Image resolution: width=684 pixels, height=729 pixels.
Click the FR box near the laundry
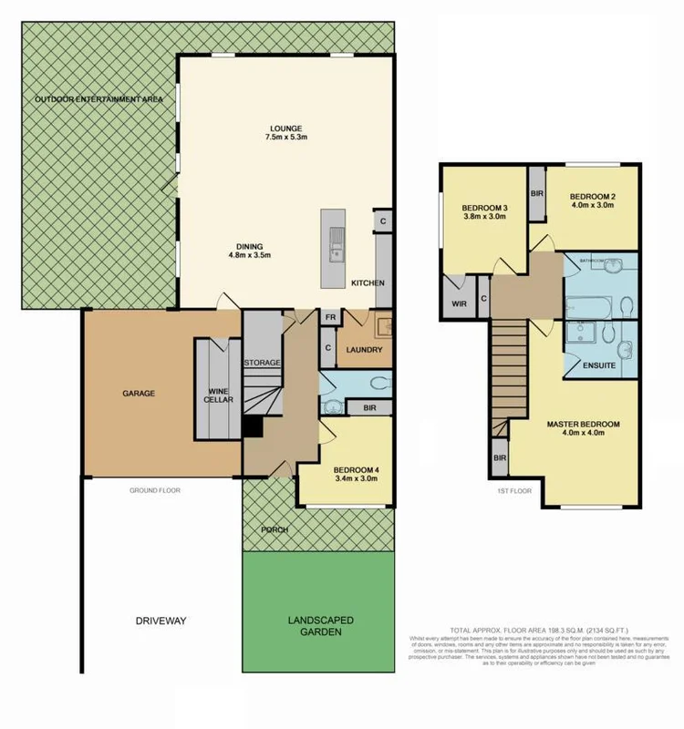click(329, 318)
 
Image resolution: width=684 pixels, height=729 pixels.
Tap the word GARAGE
click(139, 394)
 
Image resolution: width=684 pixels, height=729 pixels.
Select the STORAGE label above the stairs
click(262, 363)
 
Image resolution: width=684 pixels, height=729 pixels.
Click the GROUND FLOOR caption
click(155, 490)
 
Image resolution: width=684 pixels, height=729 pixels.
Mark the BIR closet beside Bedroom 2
click(536, 194)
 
